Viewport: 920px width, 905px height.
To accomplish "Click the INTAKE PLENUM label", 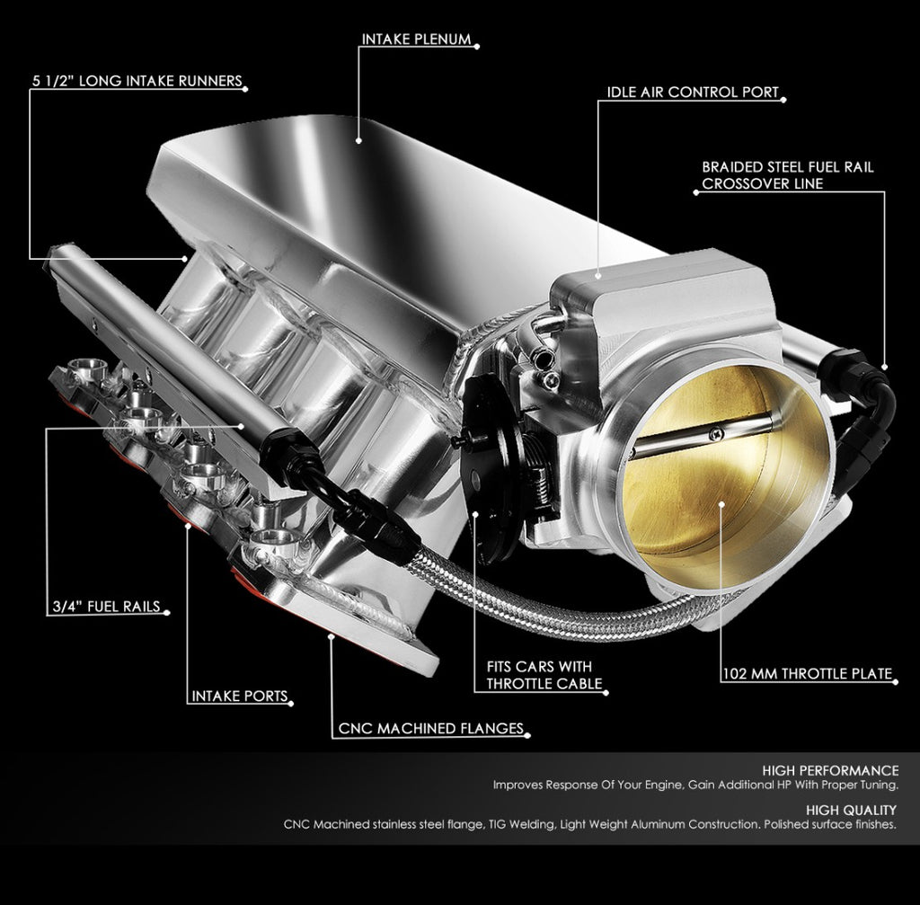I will (x=416, y=40).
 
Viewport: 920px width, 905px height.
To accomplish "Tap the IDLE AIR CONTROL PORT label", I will (x=693, y=93).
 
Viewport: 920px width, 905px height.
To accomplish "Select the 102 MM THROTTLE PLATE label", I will (x=808, y=673).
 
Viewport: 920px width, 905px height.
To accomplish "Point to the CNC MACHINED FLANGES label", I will (x=430, y=729).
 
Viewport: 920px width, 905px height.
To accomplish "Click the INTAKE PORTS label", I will (x=239, y=696).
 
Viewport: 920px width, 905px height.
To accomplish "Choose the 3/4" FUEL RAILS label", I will (x=104, y=607).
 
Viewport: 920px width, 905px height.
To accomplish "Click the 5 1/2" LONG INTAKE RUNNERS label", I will (x=137, y=81).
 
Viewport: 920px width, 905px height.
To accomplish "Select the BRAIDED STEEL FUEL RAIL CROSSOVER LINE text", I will (x=787, y=175).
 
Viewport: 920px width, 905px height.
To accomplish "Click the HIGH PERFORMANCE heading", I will (x=829, y=770).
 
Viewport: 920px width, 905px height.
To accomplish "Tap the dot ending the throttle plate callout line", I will (x=723, y=503).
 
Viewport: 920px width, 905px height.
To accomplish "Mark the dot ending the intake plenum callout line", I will (x=358, y=140).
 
